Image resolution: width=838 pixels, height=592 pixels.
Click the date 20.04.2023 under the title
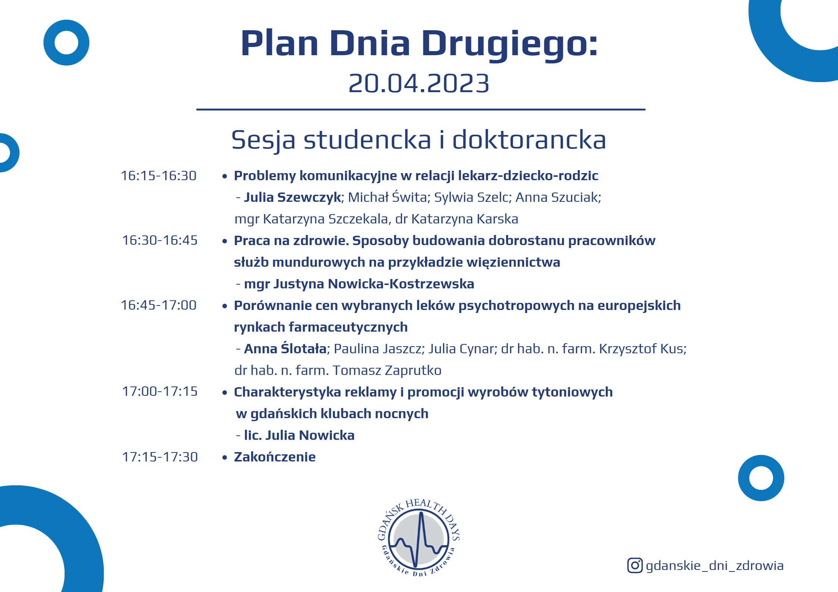[418, 83]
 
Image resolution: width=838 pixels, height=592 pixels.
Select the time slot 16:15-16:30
[159, 176]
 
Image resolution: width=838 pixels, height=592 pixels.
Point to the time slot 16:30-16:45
[160, 240]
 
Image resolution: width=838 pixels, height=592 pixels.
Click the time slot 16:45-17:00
[159, 305]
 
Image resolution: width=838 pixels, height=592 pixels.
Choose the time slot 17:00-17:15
[160, 391]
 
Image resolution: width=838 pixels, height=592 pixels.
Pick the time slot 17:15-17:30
[160, 457]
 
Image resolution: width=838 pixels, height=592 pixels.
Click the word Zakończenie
[275, 457]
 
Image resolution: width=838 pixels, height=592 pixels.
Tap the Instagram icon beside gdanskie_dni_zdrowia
[635, 566]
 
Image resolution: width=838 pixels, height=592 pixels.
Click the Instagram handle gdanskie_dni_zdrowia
[714, 566]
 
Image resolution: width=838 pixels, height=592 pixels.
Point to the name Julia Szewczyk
[293, 197]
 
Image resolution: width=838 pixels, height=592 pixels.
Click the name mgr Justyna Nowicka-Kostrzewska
[359, 284]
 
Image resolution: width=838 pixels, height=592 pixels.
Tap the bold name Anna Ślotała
[286, 348]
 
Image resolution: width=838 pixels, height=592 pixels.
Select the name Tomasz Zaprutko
[387, 370]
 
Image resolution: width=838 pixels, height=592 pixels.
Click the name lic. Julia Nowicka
[299, 435]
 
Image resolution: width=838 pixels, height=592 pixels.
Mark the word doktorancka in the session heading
[529, 140]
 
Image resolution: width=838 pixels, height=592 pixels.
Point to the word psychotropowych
[516, 306]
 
